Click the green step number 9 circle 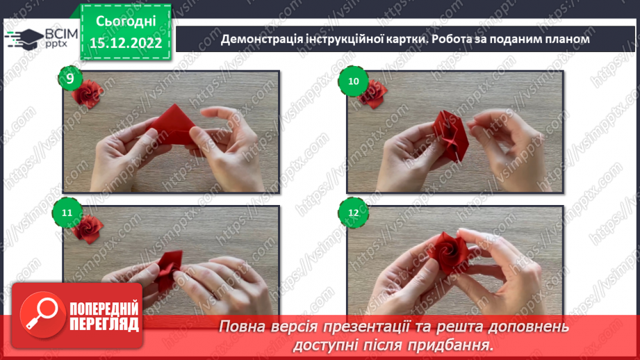pyautogui.click(x=70, y=79)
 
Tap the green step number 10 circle pyautogui.click(x=354, y=81)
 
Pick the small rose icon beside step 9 pyautogui.click(x=88, y=92)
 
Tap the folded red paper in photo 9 pyautogui.click(x=170, y=126)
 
